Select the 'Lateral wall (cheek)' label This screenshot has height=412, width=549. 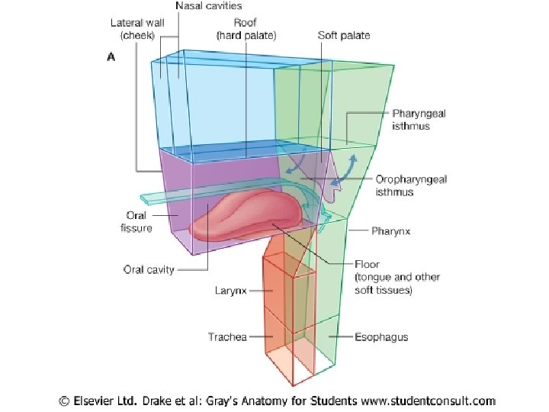137,29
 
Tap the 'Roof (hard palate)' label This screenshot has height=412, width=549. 246,29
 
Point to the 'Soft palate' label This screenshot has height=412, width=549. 344,35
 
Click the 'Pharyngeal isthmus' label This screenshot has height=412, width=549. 419,120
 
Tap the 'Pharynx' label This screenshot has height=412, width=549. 392,230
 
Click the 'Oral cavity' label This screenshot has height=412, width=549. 149,269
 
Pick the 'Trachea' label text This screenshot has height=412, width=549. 227,336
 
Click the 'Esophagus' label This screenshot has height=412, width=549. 381,336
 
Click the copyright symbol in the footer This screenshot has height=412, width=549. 66,400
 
